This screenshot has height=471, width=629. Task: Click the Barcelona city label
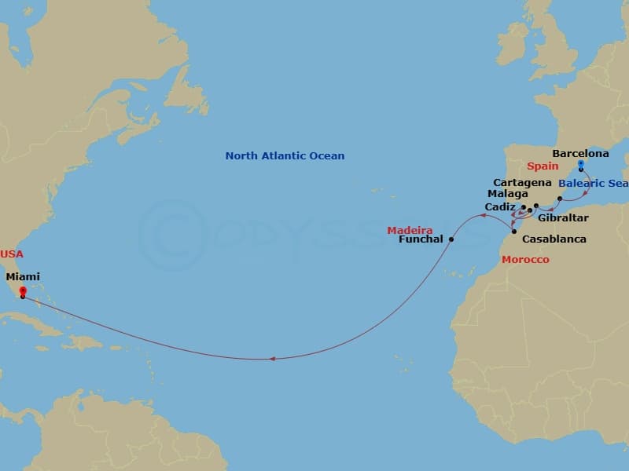click(580, 154)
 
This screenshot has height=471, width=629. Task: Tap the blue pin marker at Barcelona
click(580, 164)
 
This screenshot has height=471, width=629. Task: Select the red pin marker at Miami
click(22, 291)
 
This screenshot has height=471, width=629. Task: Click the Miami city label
click(23, 276)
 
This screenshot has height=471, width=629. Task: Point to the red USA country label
click(13, 254)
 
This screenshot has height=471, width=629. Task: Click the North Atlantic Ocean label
click(285, 155)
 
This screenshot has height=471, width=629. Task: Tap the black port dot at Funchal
click(451, 239)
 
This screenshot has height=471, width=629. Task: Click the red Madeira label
click(407, 229)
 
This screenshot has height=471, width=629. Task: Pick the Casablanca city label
click(554, 239)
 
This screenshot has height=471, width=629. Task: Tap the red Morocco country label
click(526, 259)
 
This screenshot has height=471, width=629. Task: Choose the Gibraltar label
click(563, 217)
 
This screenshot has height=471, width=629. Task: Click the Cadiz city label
click(500, 207)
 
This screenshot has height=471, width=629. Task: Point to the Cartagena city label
click(522, 182)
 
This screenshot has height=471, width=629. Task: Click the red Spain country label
click(543, 166)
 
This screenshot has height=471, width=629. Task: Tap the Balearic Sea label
click(594, 184)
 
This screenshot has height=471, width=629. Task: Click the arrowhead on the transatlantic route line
click(273, 359)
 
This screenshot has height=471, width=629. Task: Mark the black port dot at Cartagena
click(560, 199)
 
